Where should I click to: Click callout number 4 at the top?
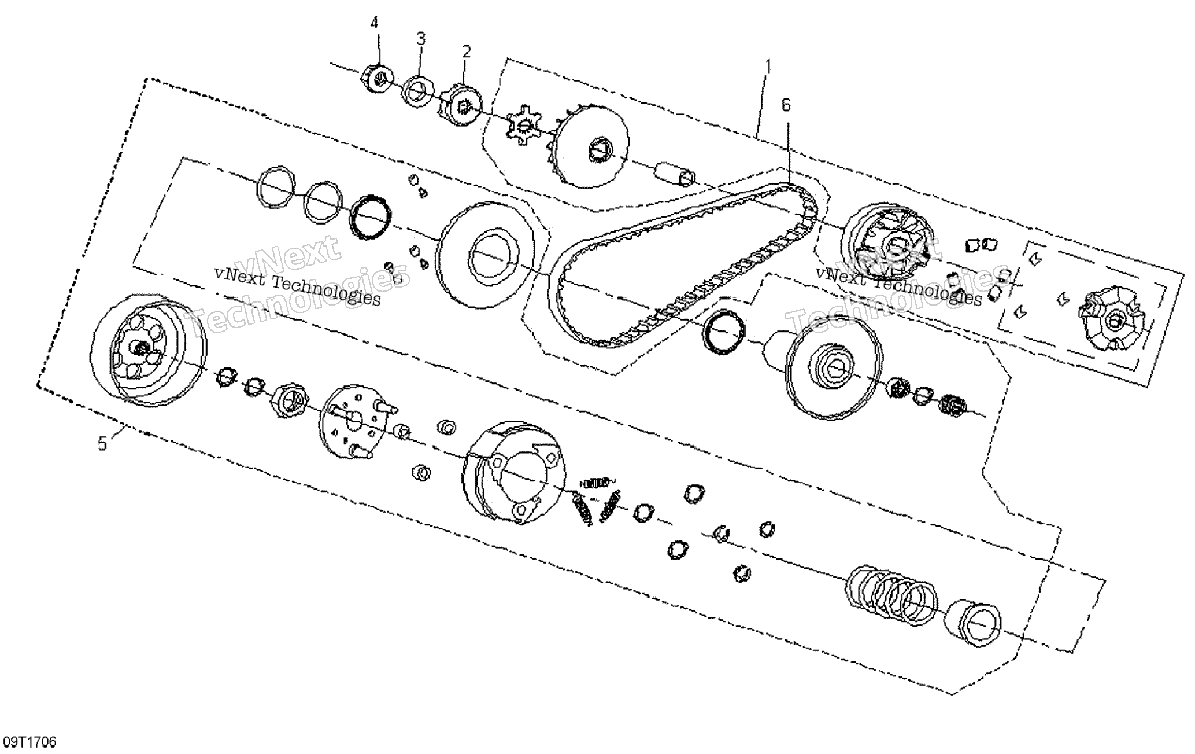(x=375, y=24)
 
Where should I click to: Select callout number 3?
(x=421, y=39)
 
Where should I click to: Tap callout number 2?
(x=466, y=52)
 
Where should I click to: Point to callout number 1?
(x=768, y=67)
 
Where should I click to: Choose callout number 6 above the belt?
(x=786, y=105)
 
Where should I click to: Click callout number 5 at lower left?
(x=102, y=444)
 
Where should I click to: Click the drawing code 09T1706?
(x=30, y=742)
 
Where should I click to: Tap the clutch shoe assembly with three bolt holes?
(x=514, y=474)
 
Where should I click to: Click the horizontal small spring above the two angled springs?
(x=598, y=481)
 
